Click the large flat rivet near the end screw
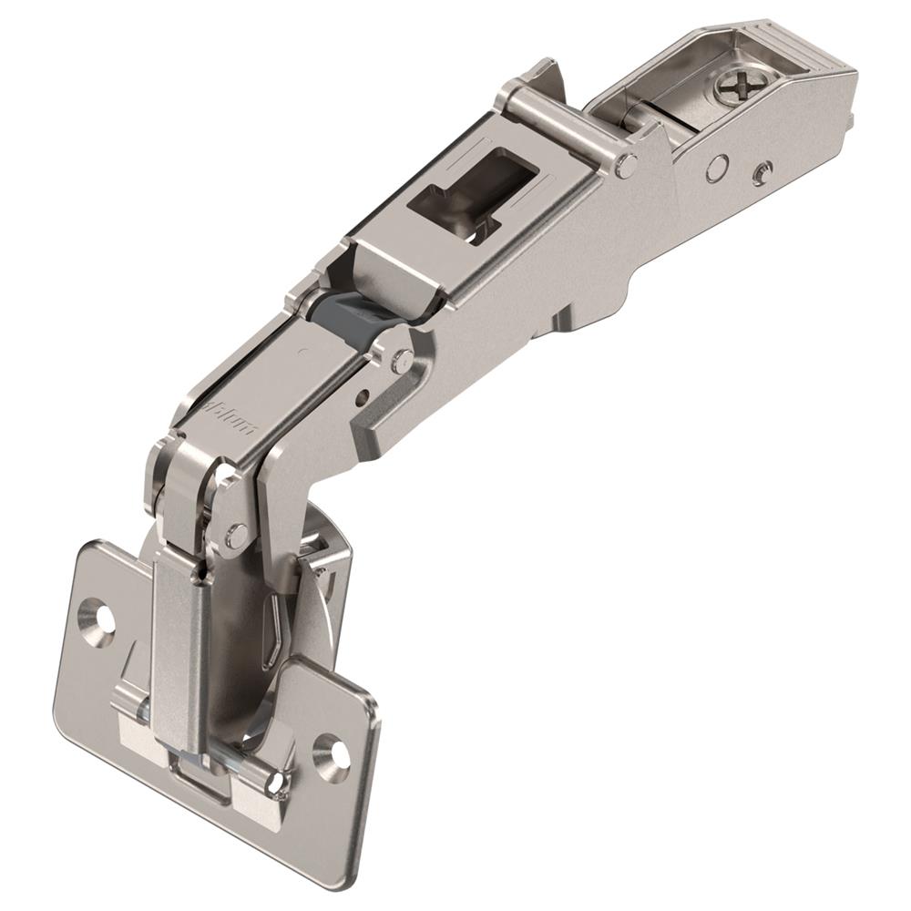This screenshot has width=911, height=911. pyautogui.click(x=718, y=166)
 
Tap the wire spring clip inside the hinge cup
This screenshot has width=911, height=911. pyautogui.click(x=278, y=629)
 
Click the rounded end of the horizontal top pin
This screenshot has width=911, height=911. pyautogui.click(x=624, y=166)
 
